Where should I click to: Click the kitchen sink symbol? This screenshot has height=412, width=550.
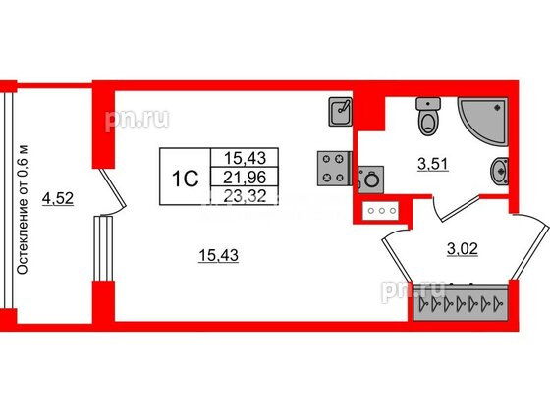point(340,112)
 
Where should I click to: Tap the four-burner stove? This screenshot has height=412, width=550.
point(334,168)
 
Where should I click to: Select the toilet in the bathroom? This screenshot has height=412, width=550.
point(428,117)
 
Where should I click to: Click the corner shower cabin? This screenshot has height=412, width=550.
point(483,121)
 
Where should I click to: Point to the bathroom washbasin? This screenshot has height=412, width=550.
point(499,172)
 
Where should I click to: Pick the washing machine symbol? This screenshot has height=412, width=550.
point(371,180)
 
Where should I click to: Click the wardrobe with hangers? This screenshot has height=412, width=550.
point(461,302)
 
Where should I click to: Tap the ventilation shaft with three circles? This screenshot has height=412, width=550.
point(381,211)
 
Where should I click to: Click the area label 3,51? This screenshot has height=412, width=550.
point(433,164)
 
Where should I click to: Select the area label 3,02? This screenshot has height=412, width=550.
point(463,249)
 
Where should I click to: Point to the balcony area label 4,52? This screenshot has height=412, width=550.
point(58,198)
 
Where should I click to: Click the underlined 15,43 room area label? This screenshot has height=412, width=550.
point(218,255)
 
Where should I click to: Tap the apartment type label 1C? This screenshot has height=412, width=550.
point(186,179)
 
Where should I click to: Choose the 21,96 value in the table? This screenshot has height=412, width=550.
point(245,178)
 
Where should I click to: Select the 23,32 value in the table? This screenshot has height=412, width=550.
point(245,196)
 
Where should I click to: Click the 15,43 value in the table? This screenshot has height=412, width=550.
point(245,158)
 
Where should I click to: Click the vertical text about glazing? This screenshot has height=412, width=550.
point(22,209)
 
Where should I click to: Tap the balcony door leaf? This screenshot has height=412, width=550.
point(112,188)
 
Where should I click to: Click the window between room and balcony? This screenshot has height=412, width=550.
point(103,248)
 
